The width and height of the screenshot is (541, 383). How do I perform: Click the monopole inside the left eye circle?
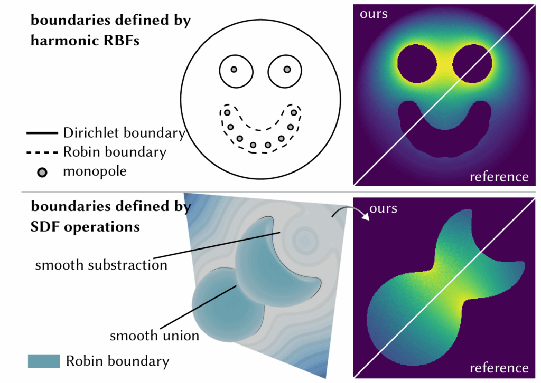[234, 70]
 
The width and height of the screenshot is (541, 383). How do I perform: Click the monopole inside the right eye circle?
[287, 70]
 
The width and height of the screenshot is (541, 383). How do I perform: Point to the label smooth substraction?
[101, 264]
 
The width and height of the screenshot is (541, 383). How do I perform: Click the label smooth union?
[154, 335]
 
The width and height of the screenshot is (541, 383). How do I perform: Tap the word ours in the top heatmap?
[374, 14]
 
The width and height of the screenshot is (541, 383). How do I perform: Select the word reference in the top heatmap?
[499, 176]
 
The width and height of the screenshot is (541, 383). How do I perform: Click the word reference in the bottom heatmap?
[499, 368]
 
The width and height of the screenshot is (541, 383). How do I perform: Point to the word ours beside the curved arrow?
[384, 208]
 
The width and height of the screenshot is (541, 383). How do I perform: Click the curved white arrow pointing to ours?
[342, 211]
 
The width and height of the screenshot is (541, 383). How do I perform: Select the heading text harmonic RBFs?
[85, 40]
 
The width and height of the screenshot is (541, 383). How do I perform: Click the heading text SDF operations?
[85, 226]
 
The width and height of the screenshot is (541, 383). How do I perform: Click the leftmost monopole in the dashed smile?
[227, 112]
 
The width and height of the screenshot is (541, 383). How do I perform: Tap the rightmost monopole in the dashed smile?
[294, 112]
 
